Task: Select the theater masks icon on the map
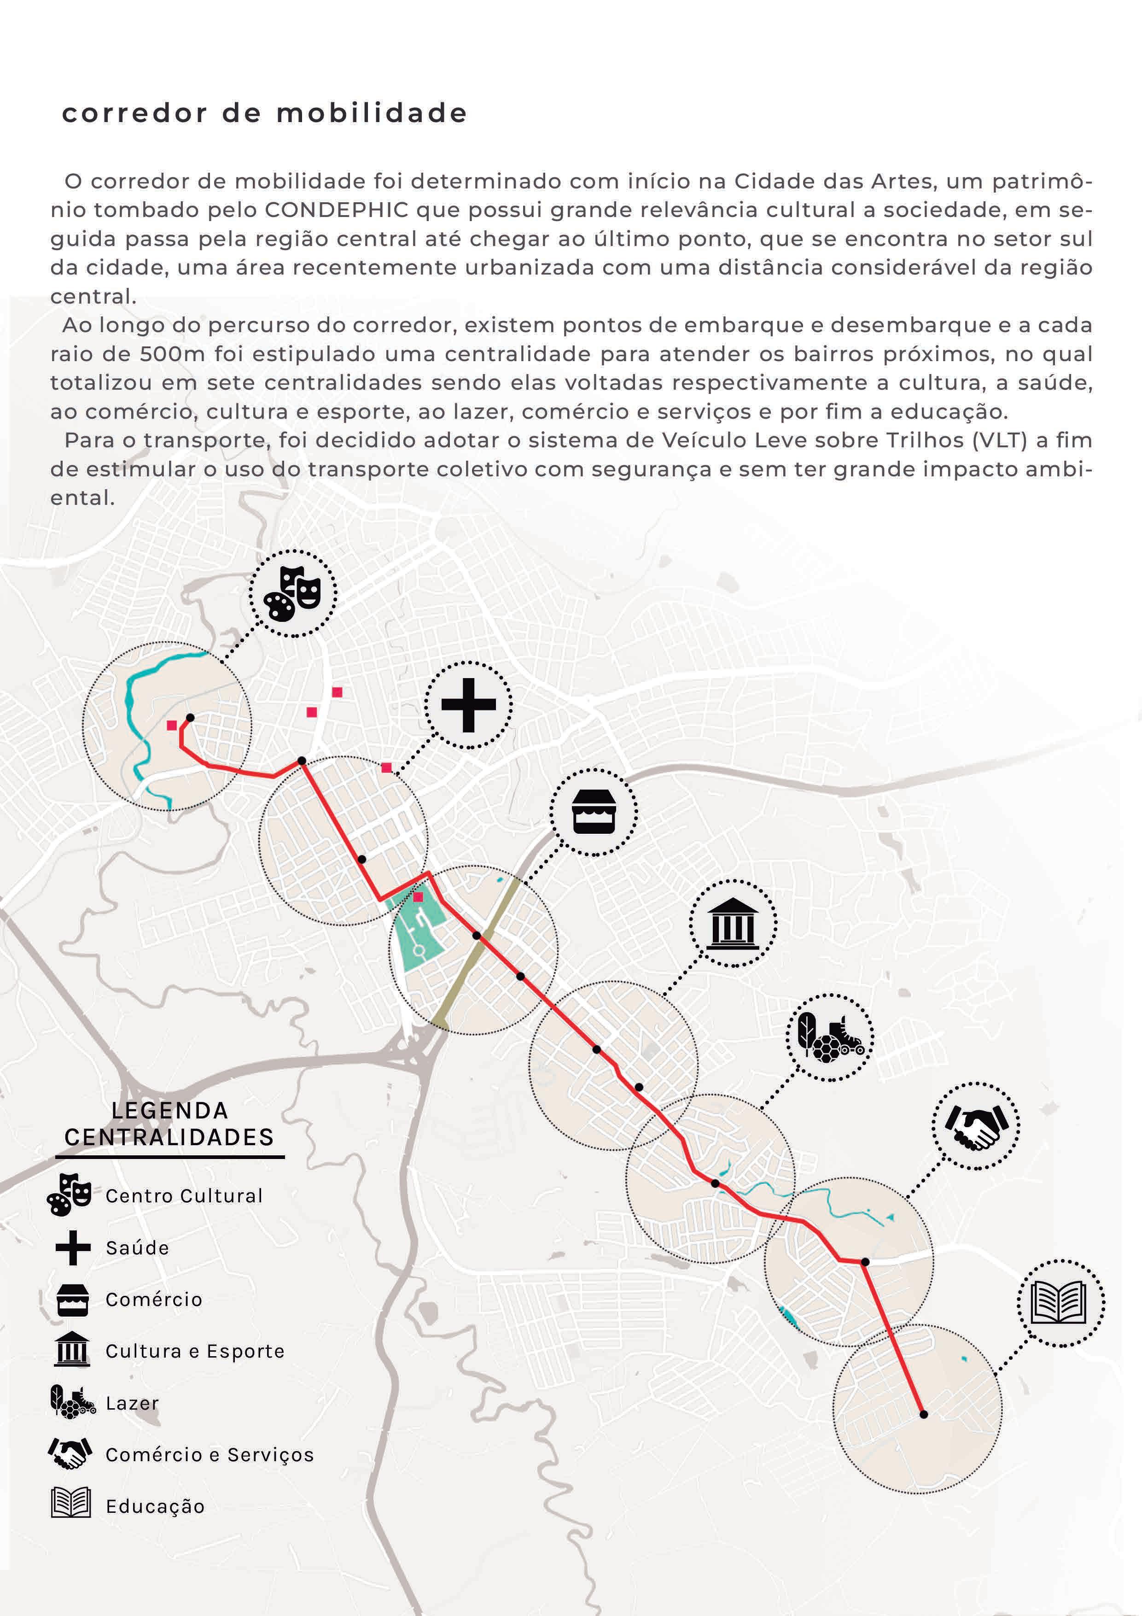click(x=293, y=593)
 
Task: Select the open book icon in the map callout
click(x=1060, y=1303)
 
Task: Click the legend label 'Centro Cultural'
click(x=184, y=1196)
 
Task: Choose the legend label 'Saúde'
click(x=137, y=1248)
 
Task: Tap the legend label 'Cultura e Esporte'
click(x=195, y=1352)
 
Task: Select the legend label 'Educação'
click(x=155, y=1507)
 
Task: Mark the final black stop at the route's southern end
click(x=924, y=1414)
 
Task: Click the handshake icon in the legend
click(x=70, y=1453)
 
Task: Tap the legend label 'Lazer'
click(x=132, y=1404)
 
